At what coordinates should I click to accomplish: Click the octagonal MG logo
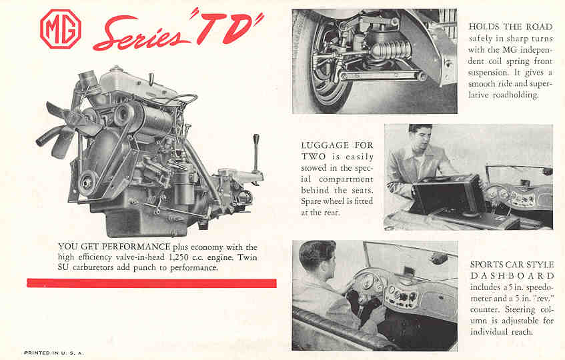61,29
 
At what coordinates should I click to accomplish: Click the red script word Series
141,33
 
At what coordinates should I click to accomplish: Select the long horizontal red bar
151,283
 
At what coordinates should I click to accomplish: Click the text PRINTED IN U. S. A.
53,353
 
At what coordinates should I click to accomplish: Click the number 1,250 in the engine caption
178,257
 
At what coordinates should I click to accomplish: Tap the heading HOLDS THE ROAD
510,27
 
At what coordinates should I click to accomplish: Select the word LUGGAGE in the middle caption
325,145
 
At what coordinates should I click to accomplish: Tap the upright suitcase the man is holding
449,194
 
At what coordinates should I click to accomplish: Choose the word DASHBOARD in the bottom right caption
512,276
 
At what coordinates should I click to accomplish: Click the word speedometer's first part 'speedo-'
540,287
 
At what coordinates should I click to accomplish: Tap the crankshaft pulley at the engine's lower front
87,183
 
